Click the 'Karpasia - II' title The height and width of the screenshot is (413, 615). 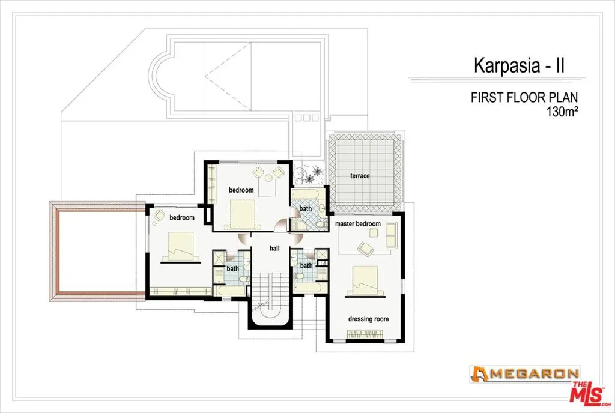[519, 65]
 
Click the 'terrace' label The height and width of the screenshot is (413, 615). [360, 176]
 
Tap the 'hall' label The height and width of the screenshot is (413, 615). [274, 247]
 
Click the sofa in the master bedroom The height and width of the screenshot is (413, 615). [390, 235]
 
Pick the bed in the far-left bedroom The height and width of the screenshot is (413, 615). [180, 247]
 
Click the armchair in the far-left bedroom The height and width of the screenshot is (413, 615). [159, 214]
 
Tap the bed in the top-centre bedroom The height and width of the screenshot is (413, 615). [243, 214]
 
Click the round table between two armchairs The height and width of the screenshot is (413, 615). [268, 173]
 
